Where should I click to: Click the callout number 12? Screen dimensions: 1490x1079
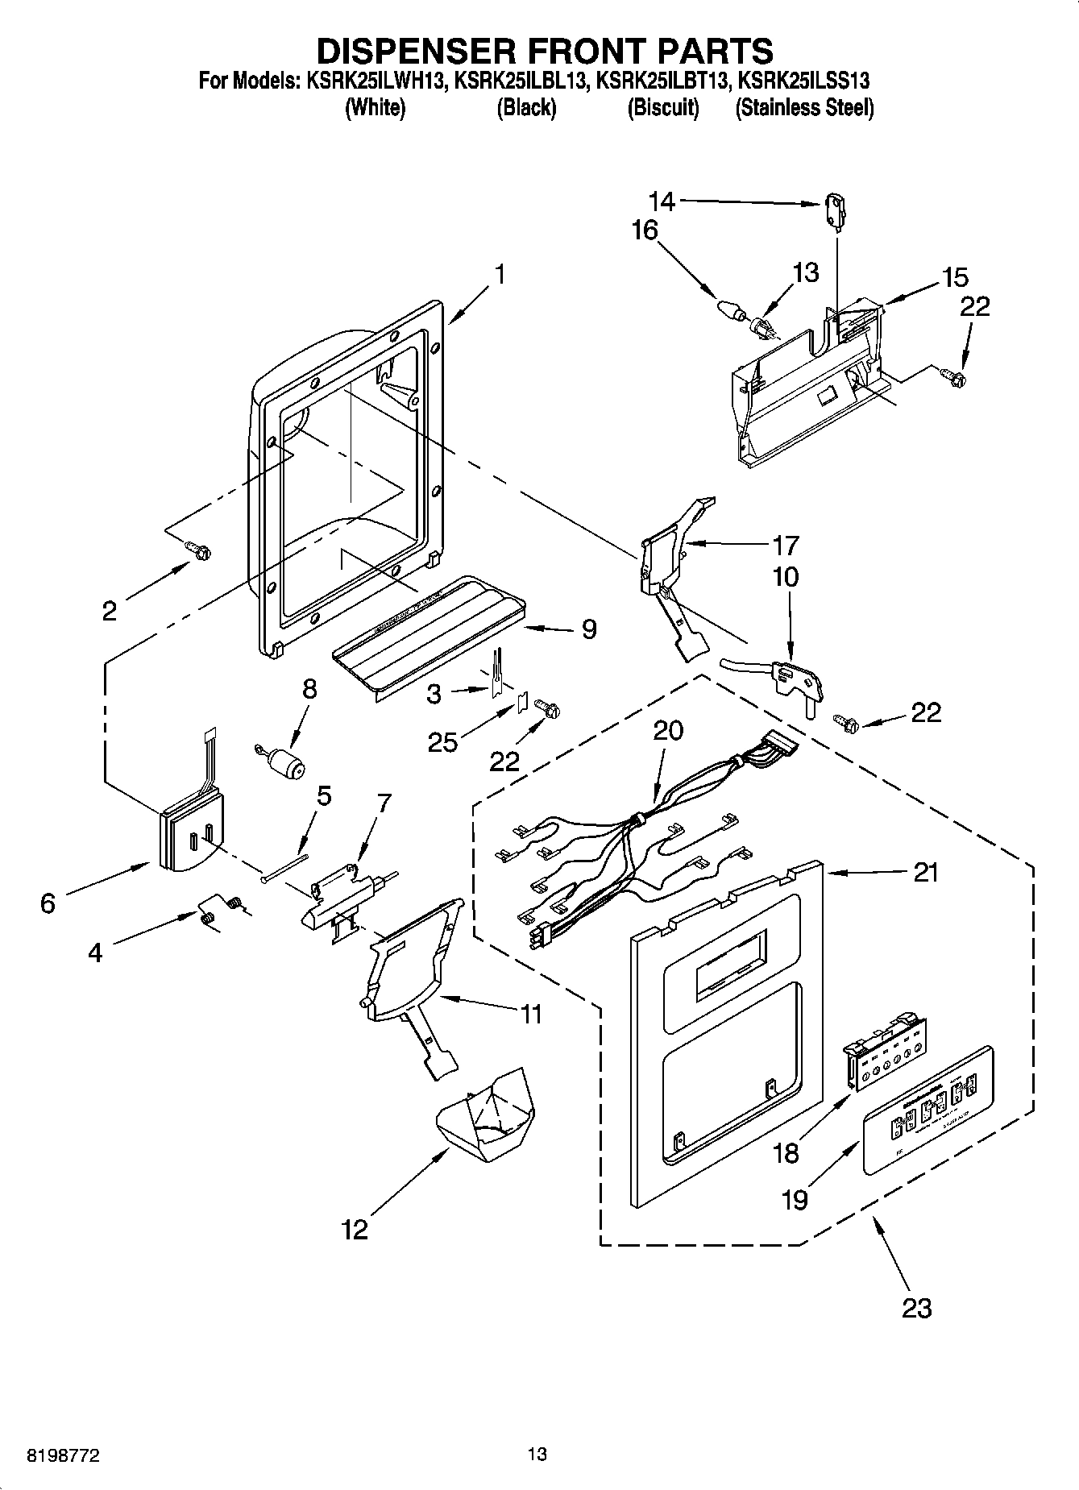pyautogui.click(x=355, y=1230)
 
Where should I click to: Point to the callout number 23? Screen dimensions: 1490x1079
pyautogui.click(x=917, y=1306)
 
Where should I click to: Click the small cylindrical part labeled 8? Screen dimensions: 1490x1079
pyautogui.click(x=283, y=761)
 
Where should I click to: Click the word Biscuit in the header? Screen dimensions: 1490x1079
pyautogui.click(x=662, y=107)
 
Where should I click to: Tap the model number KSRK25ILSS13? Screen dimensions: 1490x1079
pyautogui.click(x=804, y=81)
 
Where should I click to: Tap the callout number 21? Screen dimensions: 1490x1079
pyautogui.click(x=926, y=873)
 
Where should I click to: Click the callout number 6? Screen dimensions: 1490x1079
pyautogui.click(x=48, y=904)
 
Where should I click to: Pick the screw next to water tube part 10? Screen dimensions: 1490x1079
pyautogui.click(x=847, y=721)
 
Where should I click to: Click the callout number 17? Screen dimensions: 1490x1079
pyautogui.click(x=785, y=546)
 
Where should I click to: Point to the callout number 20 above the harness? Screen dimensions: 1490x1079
pyautogui.click(x=667, y=730)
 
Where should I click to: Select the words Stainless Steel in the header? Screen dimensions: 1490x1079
pyautogui.click(x=804, y=107)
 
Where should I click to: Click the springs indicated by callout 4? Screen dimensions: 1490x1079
pyautogui.click(x=219, y=911)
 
